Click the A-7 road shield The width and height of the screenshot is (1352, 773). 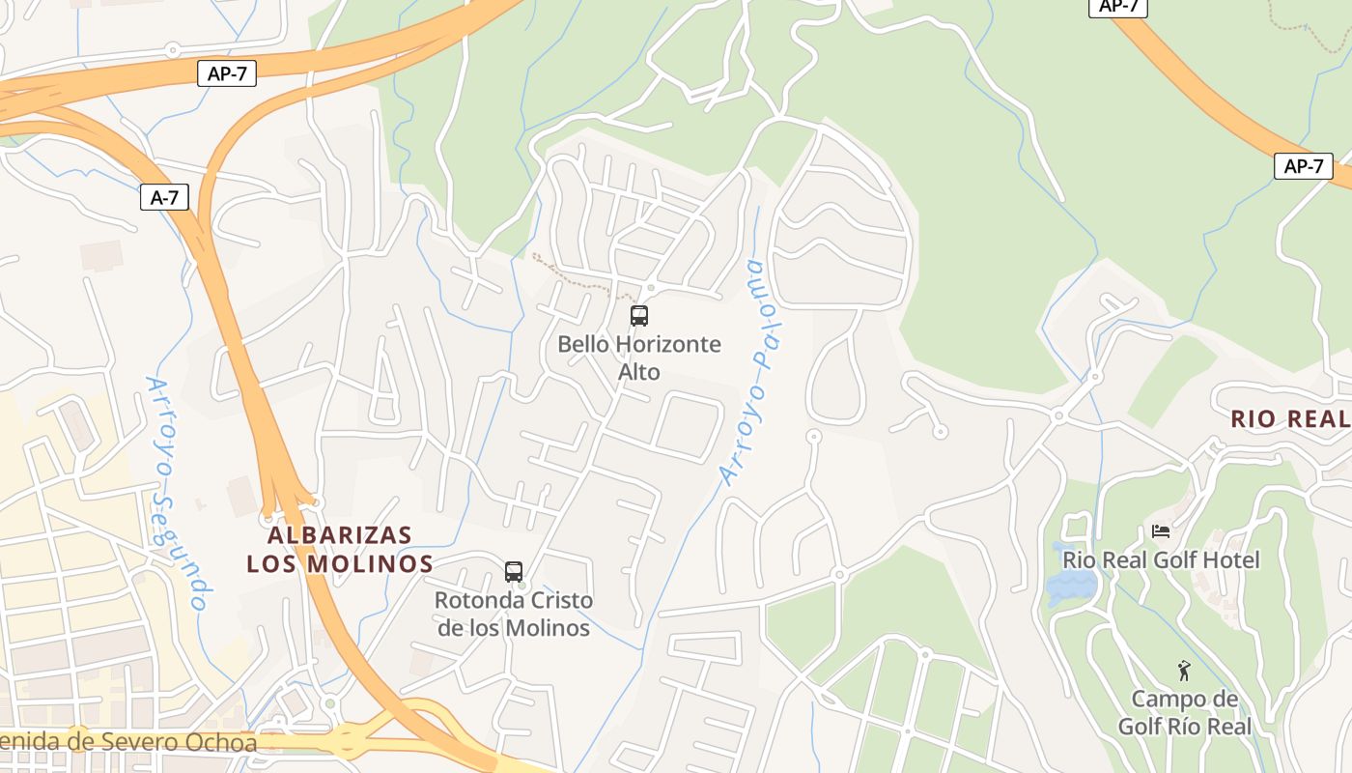pyautogui.click(x=164, y=198)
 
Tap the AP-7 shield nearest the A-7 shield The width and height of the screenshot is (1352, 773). pyautogui.click(x=227, y=73)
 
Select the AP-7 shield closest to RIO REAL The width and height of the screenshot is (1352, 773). pyautogui.click(x=1303, y=166)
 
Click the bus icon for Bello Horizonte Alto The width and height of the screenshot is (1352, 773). pyautogui.click(x=638, y=315)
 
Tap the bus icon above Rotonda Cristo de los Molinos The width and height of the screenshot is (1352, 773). pyautogui.click(x=514, y=571)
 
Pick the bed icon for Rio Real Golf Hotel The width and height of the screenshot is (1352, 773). pyautogui.click(x=1161, y=530)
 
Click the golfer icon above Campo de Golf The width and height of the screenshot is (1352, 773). pyautogui.click(x=1184, y=670)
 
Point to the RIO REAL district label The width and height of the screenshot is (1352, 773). pyautogui.click(x=1289, y=419)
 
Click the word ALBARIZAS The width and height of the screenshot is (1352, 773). pyautogui.click(x=340, y=535)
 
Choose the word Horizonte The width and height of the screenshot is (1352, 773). pyautogui.click(x=667, y=344)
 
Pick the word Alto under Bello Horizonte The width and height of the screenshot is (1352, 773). pyautogui.click(x=639, y=372)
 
